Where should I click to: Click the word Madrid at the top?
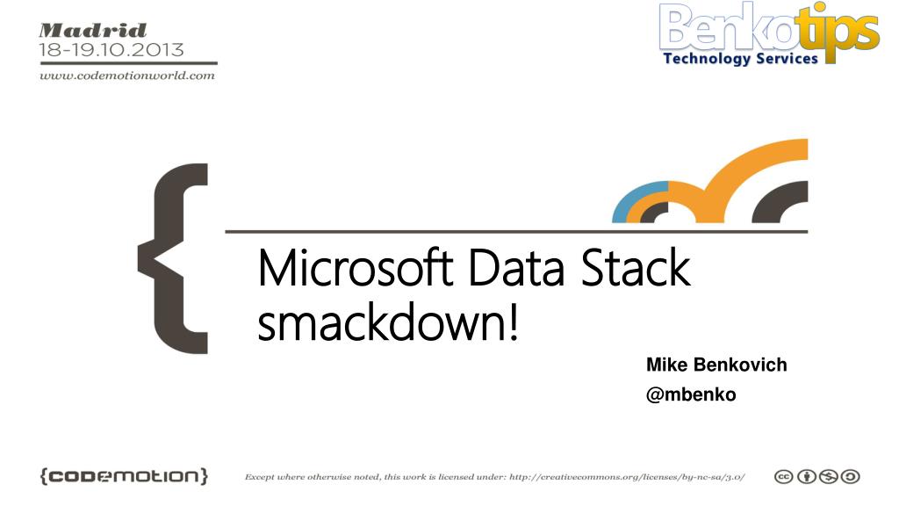tap(93, 31)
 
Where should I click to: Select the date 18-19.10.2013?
tap(111, 50)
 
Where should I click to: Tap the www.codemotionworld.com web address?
tap(127, 76)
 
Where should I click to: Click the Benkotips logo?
tap(769, 33)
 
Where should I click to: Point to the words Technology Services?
tap(740, 59)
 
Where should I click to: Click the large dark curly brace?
tap(173, 258)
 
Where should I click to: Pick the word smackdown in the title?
tap(381, 322)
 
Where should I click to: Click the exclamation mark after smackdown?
tap(513, 322)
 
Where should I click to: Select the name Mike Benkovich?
tap(716, 365)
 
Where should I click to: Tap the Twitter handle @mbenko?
tap(691, 394)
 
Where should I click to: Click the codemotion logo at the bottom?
tap(124, 476)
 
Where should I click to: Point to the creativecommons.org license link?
tap(627, 477)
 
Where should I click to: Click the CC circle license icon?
tap(783, 477)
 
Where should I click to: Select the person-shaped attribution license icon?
tap(806, 477)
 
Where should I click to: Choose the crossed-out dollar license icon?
tap(829, 477)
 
